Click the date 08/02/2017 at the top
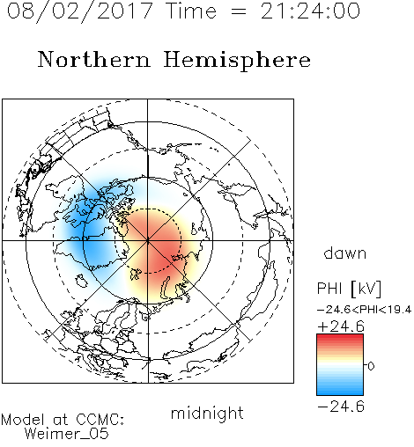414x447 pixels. (79, 11)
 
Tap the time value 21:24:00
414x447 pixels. (310, 11)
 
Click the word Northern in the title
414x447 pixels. (94, 60)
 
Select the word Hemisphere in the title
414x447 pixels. (237, 61)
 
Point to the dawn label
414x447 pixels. (345, 253)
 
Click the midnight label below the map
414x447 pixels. (207, 414)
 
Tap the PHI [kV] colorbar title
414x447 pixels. (349, 289)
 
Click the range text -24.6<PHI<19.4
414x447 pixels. (364, 310)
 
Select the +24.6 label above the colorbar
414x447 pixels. (341, 326)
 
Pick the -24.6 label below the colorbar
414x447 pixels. (341, 407)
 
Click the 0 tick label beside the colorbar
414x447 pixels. (371, 366)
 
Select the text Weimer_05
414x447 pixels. (67, 434)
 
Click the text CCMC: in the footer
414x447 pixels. (100, 420)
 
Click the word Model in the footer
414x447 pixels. (23, 420)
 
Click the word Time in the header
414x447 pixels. (191, 11)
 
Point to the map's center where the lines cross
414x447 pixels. (148, 241)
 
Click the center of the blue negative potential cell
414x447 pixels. (88, 231)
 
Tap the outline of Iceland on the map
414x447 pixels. (81, 281)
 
